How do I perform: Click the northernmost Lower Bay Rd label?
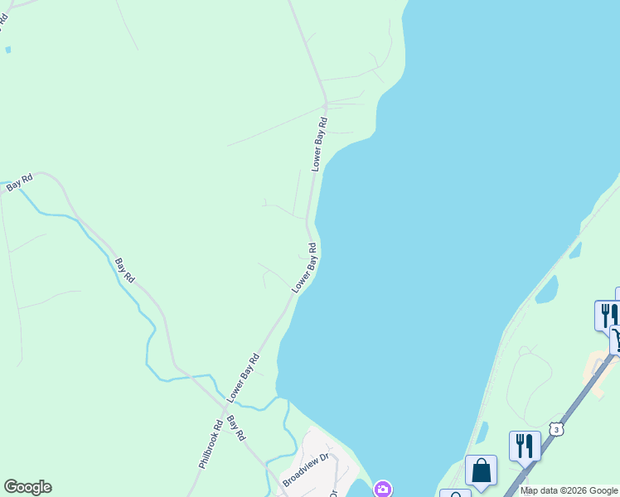[x=320, y=144]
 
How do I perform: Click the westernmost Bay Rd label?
[x=19, y=183]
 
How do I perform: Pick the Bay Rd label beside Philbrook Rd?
[x=237, y=427]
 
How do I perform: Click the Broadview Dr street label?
[x=306, y=470]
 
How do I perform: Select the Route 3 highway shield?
[x=556, y=428]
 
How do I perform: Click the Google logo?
[x=27, y=487]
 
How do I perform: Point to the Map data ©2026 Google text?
[x=569, y=491]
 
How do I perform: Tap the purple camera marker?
[x=382, y=489]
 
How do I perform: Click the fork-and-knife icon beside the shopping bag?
[x=525, y=445]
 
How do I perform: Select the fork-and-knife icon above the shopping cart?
[x=608, y=314]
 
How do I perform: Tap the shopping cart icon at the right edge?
[x=616, y=340]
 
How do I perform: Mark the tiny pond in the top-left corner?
[x=7, y=50]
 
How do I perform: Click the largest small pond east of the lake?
[x=546, y=290]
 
